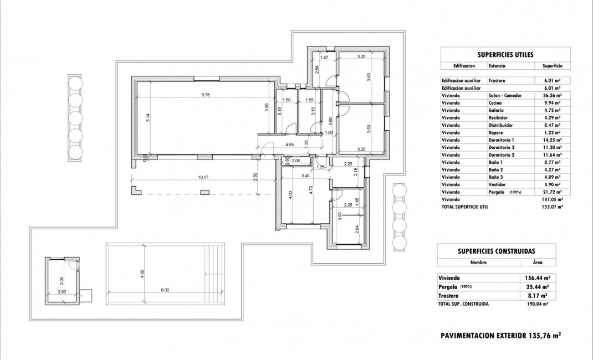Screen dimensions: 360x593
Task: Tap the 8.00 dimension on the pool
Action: pos(165,290)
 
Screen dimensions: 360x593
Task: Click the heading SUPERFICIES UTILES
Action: pos(505,55)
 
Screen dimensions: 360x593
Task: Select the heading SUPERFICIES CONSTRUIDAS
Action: pos(496,251)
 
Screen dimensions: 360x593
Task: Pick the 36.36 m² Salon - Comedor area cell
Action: pos(552,95)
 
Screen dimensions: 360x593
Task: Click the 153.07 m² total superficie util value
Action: pos(553,206)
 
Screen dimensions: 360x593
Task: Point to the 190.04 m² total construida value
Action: pos(538,304)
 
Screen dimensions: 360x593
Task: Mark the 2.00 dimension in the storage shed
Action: pos(62,291)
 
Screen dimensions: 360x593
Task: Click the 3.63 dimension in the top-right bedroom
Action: pos(369,78)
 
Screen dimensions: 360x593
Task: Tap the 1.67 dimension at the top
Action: pos(325,56)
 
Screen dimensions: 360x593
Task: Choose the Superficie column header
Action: pos(552,66)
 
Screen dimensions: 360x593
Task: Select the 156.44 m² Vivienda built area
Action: pos(537,278)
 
